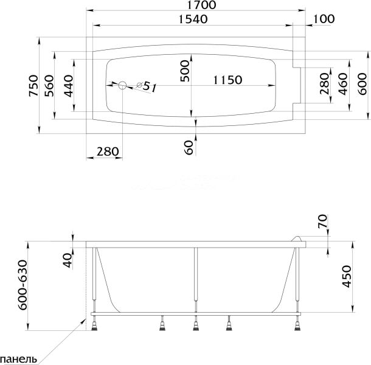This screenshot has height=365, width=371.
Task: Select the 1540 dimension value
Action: [x=194, y=19]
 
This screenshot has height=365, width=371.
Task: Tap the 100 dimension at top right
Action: [x=324, y=19]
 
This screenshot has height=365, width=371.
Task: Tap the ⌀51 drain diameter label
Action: [x=147, y=87]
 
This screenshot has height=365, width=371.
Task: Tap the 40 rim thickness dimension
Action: [x=68, y=260]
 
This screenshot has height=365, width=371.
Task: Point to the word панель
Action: [x=20, y=358]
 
